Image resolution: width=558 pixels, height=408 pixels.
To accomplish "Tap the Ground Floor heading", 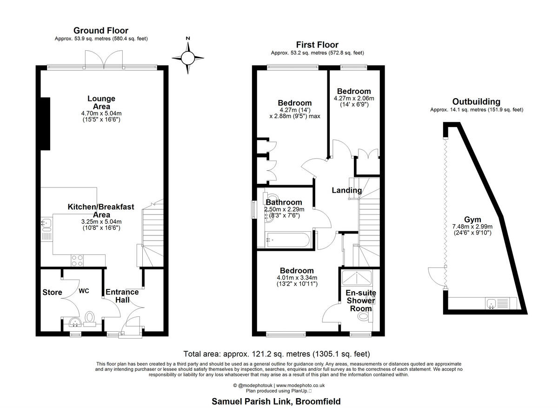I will (101, 31).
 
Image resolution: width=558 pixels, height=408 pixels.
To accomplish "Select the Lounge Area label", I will (101, 103).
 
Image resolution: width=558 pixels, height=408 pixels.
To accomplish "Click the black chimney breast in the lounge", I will (45, 124).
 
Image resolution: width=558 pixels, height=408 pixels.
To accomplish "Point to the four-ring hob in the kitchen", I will (78, 261).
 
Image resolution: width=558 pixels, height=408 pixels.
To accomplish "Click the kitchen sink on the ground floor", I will (46, 224).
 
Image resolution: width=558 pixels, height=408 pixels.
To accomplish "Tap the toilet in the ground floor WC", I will (90, 318).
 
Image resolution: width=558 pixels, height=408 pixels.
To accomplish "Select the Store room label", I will (52, 292).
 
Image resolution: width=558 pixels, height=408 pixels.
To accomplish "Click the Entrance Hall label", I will (122, 296).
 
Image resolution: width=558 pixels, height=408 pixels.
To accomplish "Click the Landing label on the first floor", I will (346, 190).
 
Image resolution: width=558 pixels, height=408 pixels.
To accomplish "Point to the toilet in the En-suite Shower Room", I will (364, 317).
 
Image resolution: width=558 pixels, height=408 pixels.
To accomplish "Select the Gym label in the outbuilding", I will (472, 220).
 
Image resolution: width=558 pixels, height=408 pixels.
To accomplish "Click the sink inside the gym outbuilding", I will (490, 304).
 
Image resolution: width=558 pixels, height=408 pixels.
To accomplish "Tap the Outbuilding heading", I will (476, 101).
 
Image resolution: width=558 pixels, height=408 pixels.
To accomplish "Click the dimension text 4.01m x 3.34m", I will (296, 278).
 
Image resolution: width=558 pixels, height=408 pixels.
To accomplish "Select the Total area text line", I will (277, 354).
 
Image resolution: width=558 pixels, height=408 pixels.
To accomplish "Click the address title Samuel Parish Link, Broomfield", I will (276, 401).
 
